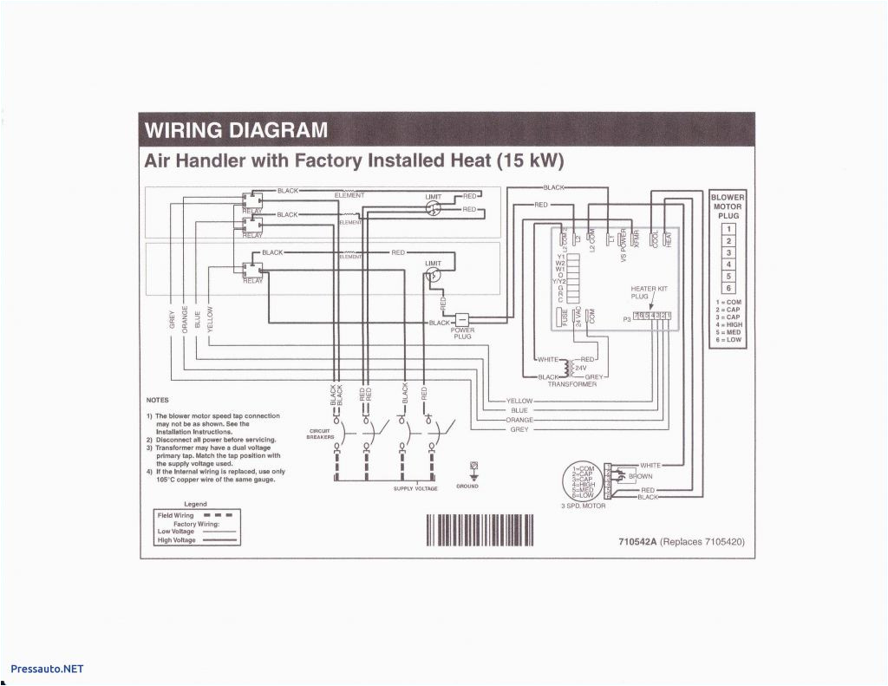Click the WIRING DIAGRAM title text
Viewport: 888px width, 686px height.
point(236,131)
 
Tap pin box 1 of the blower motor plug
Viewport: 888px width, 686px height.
point(728,229)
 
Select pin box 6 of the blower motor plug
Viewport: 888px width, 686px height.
point(728,288)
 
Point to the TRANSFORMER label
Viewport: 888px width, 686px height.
point(571,384)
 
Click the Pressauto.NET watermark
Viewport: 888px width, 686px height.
point(47,669)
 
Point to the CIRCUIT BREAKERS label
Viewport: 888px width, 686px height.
point(320,434)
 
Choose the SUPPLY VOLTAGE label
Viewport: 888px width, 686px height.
point(415,488)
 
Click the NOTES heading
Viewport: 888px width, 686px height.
point(157,400)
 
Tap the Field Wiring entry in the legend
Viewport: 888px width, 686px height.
point(176,516)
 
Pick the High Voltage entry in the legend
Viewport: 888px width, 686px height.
point(176,540)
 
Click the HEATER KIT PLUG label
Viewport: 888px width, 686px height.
point(650,292)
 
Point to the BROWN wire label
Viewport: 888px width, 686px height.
point(640,476)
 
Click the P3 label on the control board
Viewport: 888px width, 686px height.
point(626,319)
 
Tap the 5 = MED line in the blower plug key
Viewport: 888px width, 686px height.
point(728,333)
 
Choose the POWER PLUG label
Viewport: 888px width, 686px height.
point(462,333)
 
